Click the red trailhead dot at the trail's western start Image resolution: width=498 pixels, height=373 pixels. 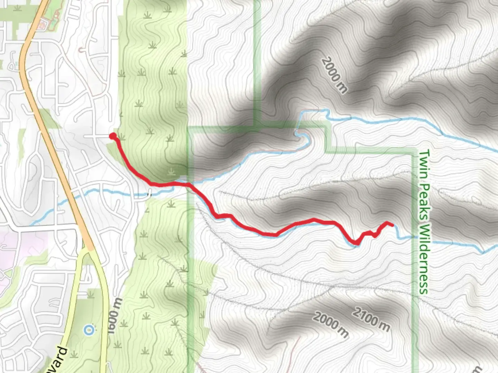pos(112,136)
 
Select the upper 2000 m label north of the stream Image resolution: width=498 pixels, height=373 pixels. pos(334,75)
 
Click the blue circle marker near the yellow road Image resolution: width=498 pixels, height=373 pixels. pos(89,330)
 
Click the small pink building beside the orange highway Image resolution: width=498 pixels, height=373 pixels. pos(44,24)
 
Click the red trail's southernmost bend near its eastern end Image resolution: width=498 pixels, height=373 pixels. pos(356,243)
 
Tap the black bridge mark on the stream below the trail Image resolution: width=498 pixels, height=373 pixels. pos(150,194)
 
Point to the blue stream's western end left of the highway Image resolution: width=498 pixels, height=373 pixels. pos(33,224)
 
